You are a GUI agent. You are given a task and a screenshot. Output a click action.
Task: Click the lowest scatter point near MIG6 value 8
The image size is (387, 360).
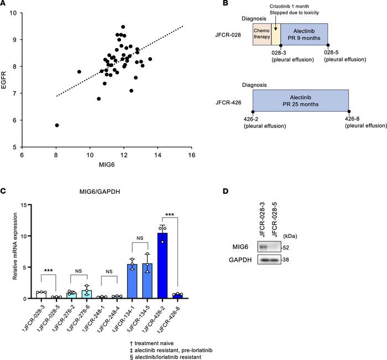pos(57,125)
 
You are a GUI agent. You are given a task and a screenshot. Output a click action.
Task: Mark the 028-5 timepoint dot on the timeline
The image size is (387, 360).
pos(328,45)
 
